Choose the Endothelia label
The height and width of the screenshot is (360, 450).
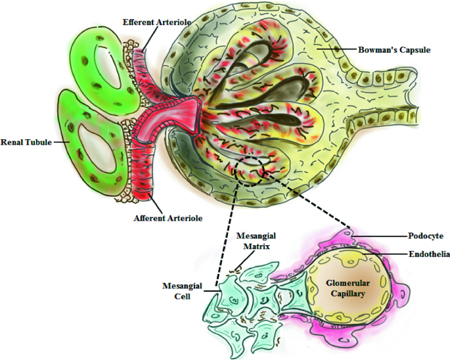click(x=425, y=254)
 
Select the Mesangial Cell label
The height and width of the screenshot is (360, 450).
click(x=179, y=291)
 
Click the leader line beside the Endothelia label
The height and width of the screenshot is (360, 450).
click(x=381, y=254)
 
